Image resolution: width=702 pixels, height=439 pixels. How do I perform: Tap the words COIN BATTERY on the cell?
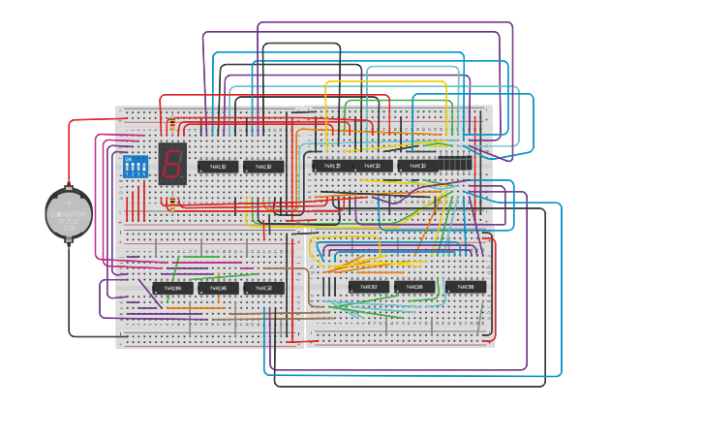click(69, 214)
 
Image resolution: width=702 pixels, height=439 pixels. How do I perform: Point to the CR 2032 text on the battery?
click(68, 222)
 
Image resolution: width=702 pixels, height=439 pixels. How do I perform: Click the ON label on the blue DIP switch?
click(128, 159)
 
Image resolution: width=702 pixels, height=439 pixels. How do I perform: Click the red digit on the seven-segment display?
click(172, 163)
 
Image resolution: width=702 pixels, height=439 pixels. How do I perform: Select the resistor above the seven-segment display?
click(172, 125)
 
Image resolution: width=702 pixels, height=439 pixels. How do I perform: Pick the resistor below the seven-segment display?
click(172, 204)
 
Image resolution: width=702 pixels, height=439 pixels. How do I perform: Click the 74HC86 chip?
click(171, 288)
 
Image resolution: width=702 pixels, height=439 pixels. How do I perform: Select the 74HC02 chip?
click(368, 287)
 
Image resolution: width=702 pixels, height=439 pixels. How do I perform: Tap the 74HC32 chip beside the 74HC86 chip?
click(263, 288)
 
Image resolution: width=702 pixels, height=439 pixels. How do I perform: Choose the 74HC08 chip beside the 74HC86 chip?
click(218, 288)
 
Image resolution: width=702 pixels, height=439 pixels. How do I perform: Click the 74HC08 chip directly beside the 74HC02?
click(414, 287)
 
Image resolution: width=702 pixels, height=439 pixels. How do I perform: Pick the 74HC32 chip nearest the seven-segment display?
click(218, 167)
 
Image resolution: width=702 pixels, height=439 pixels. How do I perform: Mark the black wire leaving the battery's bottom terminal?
click(70, 291)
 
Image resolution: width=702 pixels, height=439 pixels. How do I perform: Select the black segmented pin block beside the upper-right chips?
click(455, 163)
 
